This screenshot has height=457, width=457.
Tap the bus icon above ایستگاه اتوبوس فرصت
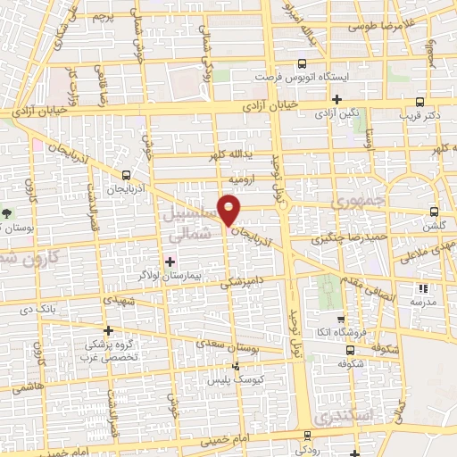(302, 63)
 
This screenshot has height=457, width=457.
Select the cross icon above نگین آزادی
(337, 99)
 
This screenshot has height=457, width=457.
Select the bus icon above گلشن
(434, 212)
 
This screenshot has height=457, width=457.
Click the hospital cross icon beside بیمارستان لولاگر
(170, 261)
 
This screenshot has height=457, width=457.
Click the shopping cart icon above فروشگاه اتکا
(340, 320)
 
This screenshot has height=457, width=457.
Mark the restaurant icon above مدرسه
(423, 287)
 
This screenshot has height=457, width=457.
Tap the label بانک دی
(40, 309)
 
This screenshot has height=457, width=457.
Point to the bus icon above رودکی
(307, 436)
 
